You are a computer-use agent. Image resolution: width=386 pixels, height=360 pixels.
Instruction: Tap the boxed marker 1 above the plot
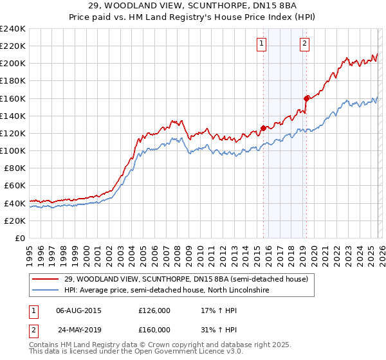coord(262,44)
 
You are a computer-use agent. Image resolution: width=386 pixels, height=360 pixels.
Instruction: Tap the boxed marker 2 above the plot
coord(304,44)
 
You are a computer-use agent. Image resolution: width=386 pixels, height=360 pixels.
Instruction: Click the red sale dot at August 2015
coord(263,128)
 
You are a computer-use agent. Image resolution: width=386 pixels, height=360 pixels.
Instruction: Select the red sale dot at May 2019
coord(306,98)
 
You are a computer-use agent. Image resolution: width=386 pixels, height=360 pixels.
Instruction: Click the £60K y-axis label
coord(15,186)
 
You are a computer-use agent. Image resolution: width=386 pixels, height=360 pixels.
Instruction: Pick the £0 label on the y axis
coord(19,238)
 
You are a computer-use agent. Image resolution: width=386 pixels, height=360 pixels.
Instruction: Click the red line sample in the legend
coord(46,279)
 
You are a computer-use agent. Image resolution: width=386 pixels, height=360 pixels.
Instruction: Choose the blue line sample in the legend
coord(46,291)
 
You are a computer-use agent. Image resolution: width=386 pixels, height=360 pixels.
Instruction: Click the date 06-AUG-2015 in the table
coord(79,310)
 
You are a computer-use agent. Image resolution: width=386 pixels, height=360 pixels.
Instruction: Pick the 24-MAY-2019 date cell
coord(79,330)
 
